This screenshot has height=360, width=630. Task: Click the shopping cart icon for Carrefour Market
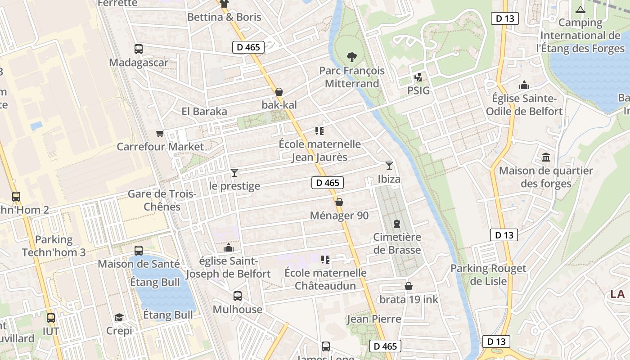click(160, 133)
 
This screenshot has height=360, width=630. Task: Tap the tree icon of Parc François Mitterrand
click(352, 57)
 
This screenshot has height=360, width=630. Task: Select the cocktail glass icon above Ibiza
click(389, 166)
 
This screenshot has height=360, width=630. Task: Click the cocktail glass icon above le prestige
click(234, 172)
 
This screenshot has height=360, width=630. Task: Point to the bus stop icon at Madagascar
click(139, 49)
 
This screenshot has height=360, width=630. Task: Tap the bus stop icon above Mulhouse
click(238, 296)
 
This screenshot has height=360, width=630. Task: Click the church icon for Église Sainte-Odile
click(524, 85)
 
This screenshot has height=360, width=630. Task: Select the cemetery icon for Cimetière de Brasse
click(397, 223)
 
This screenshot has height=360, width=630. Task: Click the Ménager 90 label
click(339, 216)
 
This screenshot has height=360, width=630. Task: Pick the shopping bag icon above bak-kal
click(279, 92)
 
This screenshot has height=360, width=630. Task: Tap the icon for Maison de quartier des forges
click(546, 157)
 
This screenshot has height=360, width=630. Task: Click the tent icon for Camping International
click(580, 9)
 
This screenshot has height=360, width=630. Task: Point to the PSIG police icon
click(418, 77)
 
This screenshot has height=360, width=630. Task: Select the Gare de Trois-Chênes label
click(162, 200)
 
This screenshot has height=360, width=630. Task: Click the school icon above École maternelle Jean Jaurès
click(319, 131)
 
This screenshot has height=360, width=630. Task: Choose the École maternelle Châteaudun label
click(325, 279)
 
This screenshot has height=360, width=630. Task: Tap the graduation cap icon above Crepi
click(119, 318)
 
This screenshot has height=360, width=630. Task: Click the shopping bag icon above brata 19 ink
click(409, 286)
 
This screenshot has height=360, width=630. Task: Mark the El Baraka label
click(204, 112)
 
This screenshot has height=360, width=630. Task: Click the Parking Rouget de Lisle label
click(488, 274)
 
